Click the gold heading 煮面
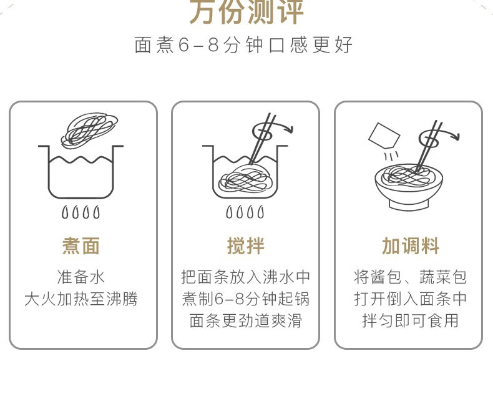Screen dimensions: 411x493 tap(81, 246)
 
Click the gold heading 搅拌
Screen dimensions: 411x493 tap(245, 246)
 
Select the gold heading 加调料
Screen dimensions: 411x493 tap(410, 246)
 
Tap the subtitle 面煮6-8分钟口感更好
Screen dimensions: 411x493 tap(244, 46)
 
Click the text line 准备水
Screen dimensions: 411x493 tap(81, 277)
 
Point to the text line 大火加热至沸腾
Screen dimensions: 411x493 tap(81, 299)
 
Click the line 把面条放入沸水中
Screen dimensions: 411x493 tap(245, 277)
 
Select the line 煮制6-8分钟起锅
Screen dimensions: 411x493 tap(245, 299)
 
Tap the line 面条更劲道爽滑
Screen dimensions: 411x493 tap(245, 321)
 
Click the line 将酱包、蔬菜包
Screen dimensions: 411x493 tap(410, 277)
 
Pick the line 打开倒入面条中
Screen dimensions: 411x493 tap(410, 299)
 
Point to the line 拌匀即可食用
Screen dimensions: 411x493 tap(410, 321)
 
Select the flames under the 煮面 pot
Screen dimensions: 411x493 tap(81, 212)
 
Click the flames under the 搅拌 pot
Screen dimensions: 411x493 tap(245, 212)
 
